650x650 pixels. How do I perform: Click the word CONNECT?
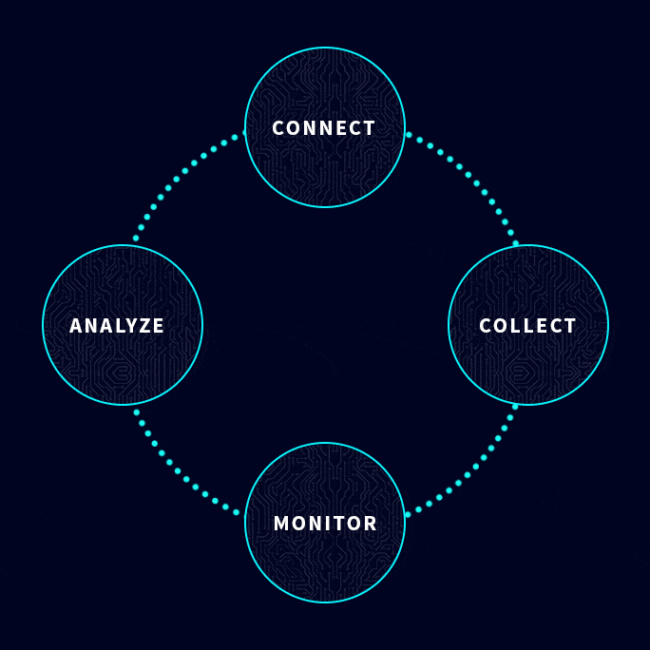point(324,128)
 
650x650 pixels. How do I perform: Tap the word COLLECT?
point(527,326)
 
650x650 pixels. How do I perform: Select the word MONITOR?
point(325,524)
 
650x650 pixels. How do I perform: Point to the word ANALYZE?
point(117,326)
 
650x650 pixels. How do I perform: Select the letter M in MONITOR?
point(281,524)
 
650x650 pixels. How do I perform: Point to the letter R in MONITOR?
point(370,524)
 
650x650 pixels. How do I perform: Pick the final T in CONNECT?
point(370,128)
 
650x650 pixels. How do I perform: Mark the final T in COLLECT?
point(570,326)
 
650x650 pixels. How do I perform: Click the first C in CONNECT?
point(278,128)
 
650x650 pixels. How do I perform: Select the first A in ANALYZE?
point(76,326)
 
